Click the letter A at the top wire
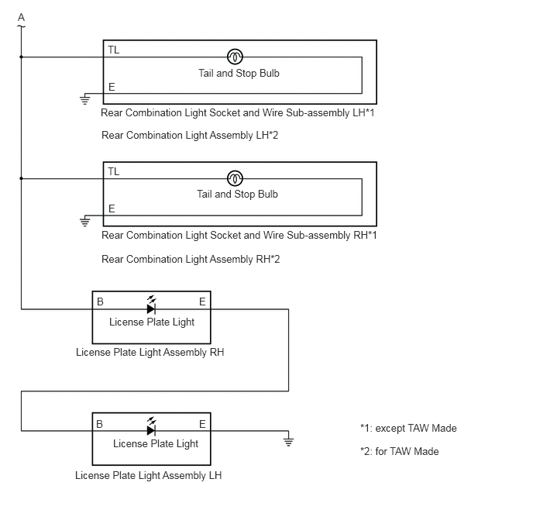tap(22, 17)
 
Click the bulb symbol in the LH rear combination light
tap(235, 57)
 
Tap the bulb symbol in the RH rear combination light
tap(235, 178)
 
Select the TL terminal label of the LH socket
tap(114, 50)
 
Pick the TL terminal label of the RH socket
tap(114, 172)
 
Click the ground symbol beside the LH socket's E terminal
tap(85, 99)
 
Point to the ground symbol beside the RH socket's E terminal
tap(85, 221)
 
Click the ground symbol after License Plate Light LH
tap(288, 440)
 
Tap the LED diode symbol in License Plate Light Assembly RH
tap(151, 305)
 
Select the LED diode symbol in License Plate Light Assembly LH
tap(151, 427)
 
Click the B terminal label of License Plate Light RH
tap(100, 302)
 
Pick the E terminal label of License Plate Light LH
tap(202, 424)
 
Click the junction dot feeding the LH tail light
tap(21, 57)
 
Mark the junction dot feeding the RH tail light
tap(21, 178)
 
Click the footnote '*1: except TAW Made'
tap(408, 428)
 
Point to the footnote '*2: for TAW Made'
tap(400, 451)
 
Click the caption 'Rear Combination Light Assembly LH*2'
tap(190, 136)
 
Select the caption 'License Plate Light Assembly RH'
tap(150, 352)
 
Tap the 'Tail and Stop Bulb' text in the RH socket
tap(237, 194)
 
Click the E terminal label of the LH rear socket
tap(112, 87)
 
